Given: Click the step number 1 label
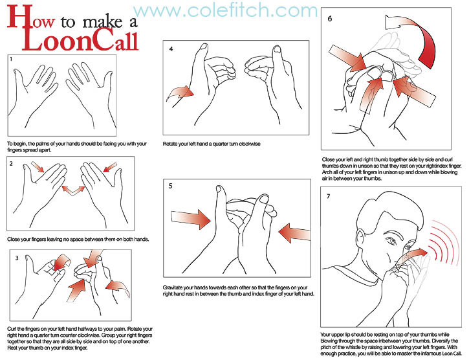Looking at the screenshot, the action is [x=11, y=60].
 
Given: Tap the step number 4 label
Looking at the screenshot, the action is [x=171, y=49].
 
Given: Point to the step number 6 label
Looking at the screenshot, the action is [x=330, y=19].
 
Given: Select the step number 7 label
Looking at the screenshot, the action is [x=329, y=196].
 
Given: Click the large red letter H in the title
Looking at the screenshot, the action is [x=20, y=17].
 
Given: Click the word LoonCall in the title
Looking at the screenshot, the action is [x=80, y=41].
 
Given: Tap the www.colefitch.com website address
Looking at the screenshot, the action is [x=225, y=10].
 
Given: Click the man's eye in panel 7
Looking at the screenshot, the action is [x=391, y=240].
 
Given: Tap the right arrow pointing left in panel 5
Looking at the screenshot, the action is [x=294, y=232].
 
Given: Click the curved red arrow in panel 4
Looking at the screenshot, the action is [x=180, y=93].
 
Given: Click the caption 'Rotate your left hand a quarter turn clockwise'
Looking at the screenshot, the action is [x=212, y=144].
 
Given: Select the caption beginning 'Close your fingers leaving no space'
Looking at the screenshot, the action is [x=78, y=240].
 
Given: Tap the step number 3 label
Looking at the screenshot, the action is [x=17, y=258].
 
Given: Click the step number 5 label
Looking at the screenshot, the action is [x=171, y=186].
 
